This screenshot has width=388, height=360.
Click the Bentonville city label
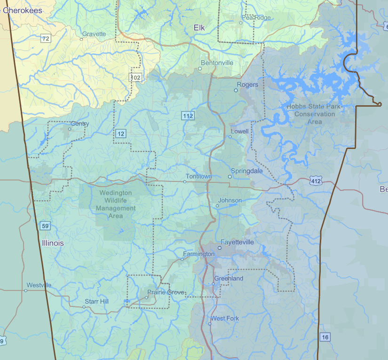pyautogui.click(x=217, y=63)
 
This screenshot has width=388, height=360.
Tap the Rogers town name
pyautogui.click(x=247, y=85)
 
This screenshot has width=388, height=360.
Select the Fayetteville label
pyautogui.click(x=237, y=242)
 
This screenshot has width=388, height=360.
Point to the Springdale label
pyautogui.click(x=247, y=171)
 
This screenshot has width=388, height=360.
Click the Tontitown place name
pyautogui.click(x=198, y=176)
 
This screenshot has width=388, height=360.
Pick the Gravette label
pyautogui.click(x=94, y=34)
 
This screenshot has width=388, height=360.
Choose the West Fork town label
pyautogui.click(x=225, y=319)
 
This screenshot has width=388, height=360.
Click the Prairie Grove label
pyautogui.click(x=166, y=292)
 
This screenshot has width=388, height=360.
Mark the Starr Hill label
pyautogui.click(x=96, y=301)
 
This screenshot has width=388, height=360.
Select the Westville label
pyautogui.click(x=39, y=285)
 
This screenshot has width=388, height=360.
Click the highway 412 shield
pyautogui.click(x=316, y=181)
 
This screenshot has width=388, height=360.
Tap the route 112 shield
pyautogui.click(x=188, y=116)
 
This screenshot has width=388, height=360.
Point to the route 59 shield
pyautogui.click(x=45, y=226)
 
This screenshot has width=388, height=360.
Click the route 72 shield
pyautogui.click(x=45, y=39)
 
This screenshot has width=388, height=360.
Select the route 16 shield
pyautogui.click(x=325, y=337)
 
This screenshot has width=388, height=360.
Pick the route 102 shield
pyautogui.click(x=136, y=77)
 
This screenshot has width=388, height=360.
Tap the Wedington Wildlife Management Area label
pyautogui.click(x=116, y=204)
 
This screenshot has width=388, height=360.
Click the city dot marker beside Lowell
pyautogui.click(x=230, y=137)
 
